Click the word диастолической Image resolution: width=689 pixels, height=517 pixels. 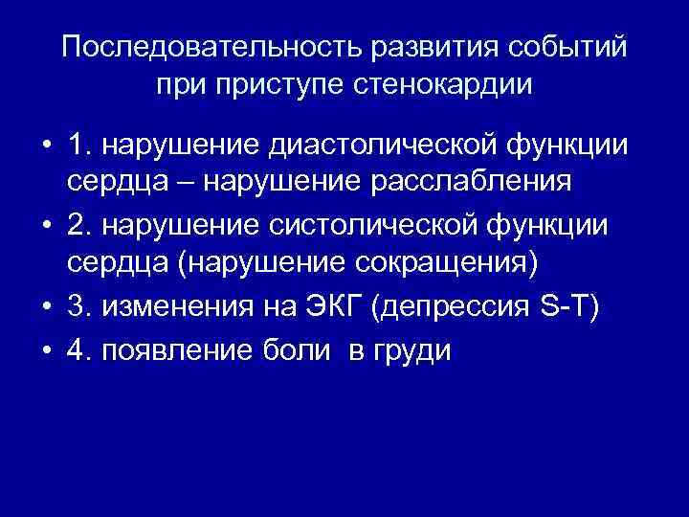[388, 146]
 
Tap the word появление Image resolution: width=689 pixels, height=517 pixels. [182, 351]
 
